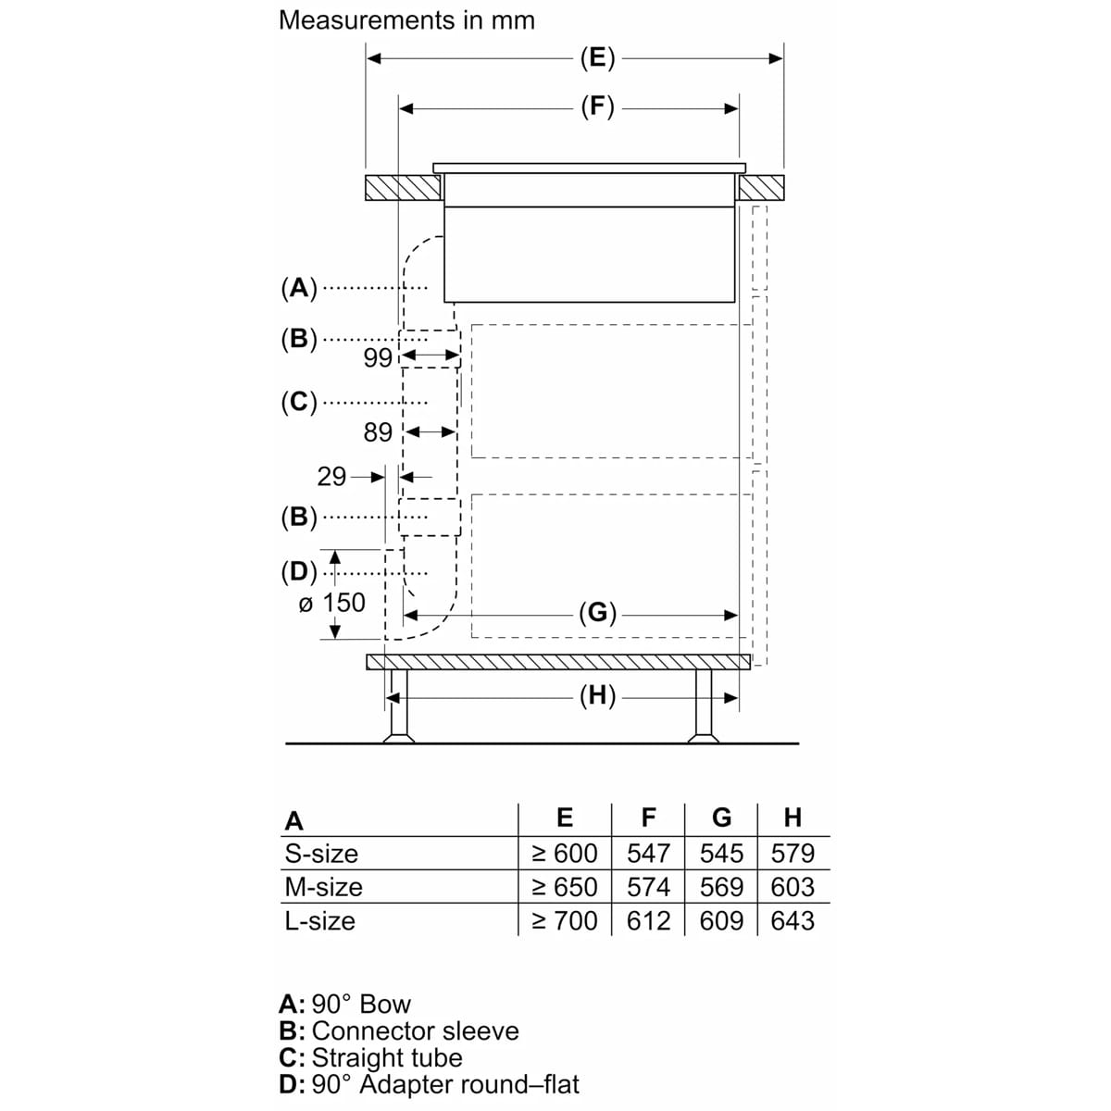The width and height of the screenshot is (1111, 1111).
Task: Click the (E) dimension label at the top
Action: coord(597,58)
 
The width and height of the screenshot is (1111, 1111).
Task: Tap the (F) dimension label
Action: coord(597,107)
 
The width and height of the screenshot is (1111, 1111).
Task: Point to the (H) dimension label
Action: coord(597,696)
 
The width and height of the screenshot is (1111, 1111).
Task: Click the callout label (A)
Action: coord(299,288)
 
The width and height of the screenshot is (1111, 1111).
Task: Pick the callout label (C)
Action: coord(299,402)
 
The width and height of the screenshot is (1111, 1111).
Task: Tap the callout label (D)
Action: coord(299,572)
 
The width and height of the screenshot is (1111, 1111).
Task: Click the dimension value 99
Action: coord(378,358)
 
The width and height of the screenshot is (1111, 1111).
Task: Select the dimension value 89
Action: coord(378,432)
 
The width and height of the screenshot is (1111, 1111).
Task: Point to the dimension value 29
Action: coord(331,477)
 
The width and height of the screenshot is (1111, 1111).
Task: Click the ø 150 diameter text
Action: coord(332,603)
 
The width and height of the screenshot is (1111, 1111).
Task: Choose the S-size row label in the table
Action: coord(321,854)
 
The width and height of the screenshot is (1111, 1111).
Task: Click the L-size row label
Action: coord(320,920)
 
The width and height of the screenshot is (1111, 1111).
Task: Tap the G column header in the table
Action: coord(721,818)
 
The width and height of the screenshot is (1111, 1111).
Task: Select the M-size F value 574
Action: coord(648,887)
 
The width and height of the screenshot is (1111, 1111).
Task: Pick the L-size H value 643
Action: coord(793,920)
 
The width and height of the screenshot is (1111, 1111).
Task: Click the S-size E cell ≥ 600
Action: coord(565,854)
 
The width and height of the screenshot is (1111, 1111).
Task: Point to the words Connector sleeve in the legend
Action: coord(415,1030)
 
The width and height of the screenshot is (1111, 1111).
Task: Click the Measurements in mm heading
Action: coord(406,20)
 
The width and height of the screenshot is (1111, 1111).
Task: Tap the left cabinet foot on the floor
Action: coord(398,705)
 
